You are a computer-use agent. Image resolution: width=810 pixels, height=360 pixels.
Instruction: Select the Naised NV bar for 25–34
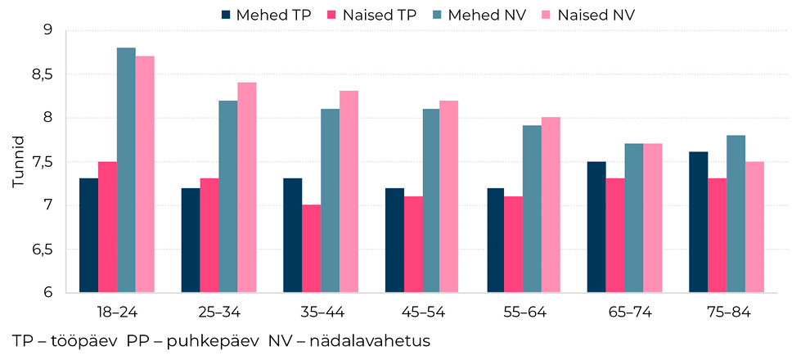pyautogui.click(x=246, y=187)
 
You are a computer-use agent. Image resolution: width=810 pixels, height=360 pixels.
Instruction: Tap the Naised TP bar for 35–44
pyautogui.click(x=311, y=249)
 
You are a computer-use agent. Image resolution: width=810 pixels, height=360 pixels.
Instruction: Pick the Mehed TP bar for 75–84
pyautogui.click(x=698, y=222)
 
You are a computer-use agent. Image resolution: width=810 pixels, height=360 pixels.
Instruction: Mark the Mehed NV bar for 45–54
pyautogui.click(x=431, y=200)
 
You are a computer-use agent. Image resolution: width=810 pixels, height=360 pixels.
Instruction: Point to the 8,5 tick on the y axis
pyautogui.click(x=40, y=74)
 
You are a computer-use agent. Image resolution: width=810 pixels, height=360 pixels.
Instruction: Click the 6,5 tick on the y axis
pyautogui.click(x=40, y=250)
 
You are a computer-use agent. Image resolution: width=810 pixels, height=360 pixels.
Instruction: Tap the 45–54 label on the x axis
pyautogui.click(x=421, y=313)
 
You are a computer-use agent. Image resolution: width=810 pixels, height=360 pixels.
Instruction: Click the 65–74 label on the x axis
pyautogui.click(x=625, y=313)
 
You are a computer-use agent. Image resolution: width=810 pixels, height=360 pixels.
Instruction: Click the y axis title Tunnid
pyautogui.click(x=18, y=162)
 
